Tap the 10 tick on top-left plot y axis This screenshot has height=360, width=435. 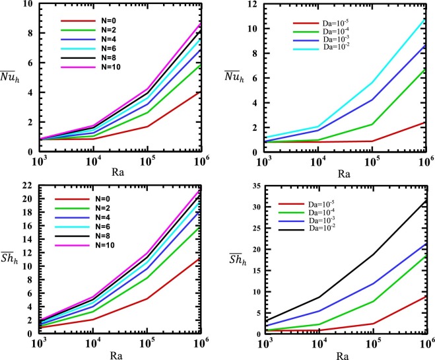coord(30,5)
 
